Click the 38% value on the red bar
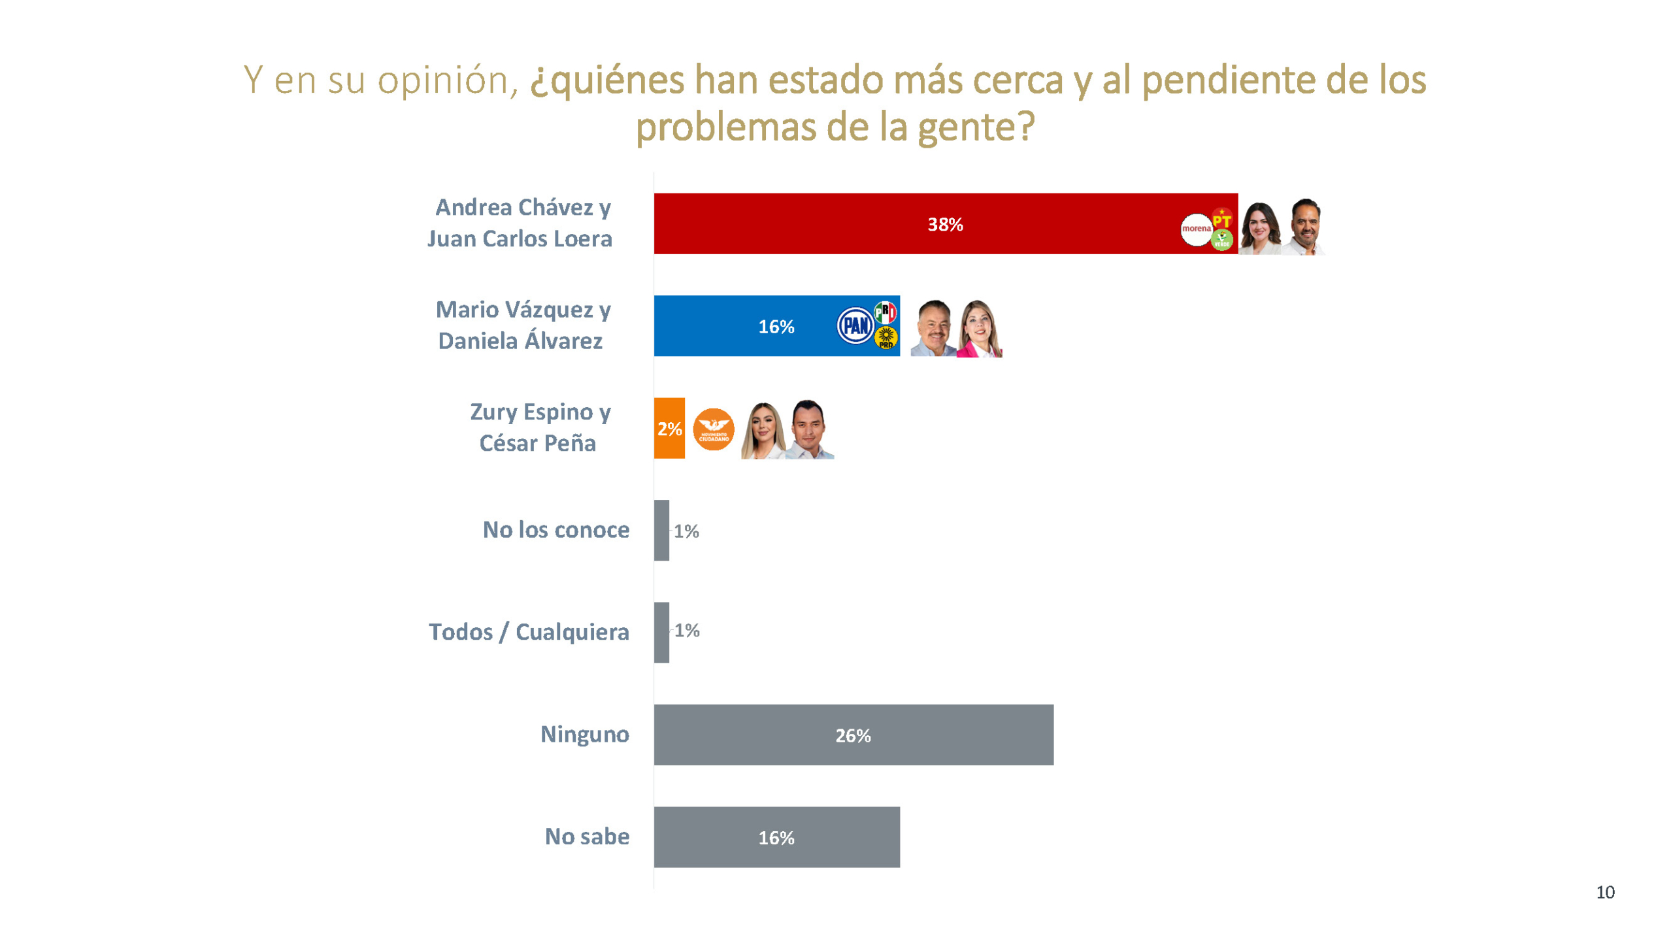click(944, 224)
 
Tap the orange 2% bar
click(669, 428)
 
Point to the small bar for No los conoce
click(661, 530)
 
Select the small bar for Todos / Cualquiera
click(661, 632)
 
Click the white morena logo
click(1195, 229)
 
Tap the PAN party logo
click(855, 325)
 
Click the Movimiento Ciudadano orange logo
click(713, 429)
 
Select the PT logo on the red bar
click(1221, 219)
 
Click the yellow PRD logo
click(886, 337)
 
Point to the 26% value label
click(853, 736)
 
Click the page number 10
click(1604, 892)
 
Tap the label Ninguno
click(584, 734)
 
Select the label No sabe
click(587, 836)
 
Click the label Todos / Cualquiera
click(529, 632)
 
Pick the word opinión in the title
click(447, 80)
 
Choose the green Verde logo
click(1221, 240)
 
